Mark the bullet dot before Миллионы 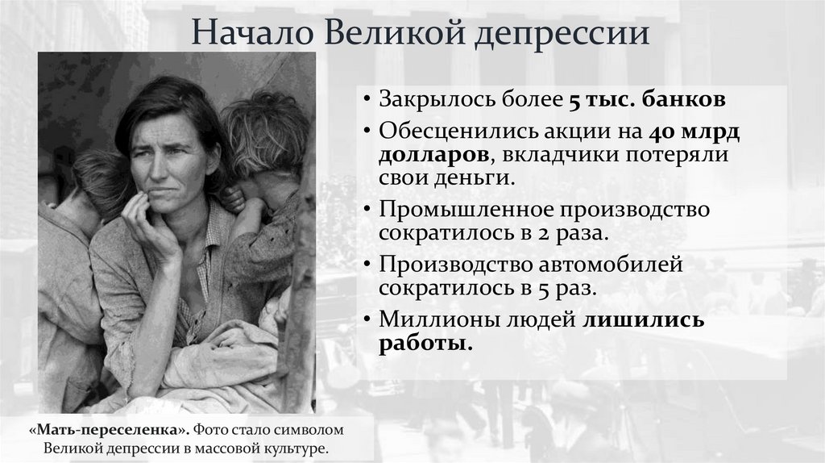[x=367, y=320]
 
